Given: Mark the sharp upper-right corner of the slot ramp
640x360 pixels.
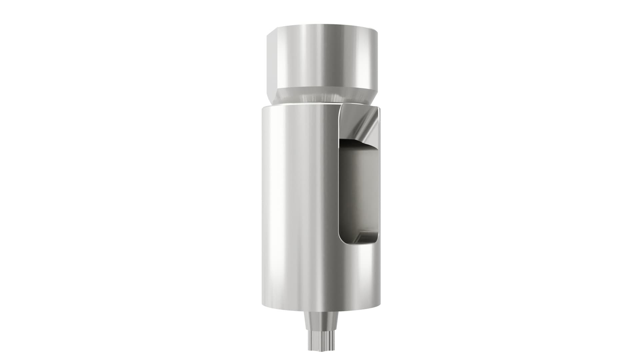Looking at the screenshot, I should coord(379,107).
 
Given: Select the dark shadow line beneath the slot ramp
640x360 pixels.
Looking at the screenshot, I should coord(353,142).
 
